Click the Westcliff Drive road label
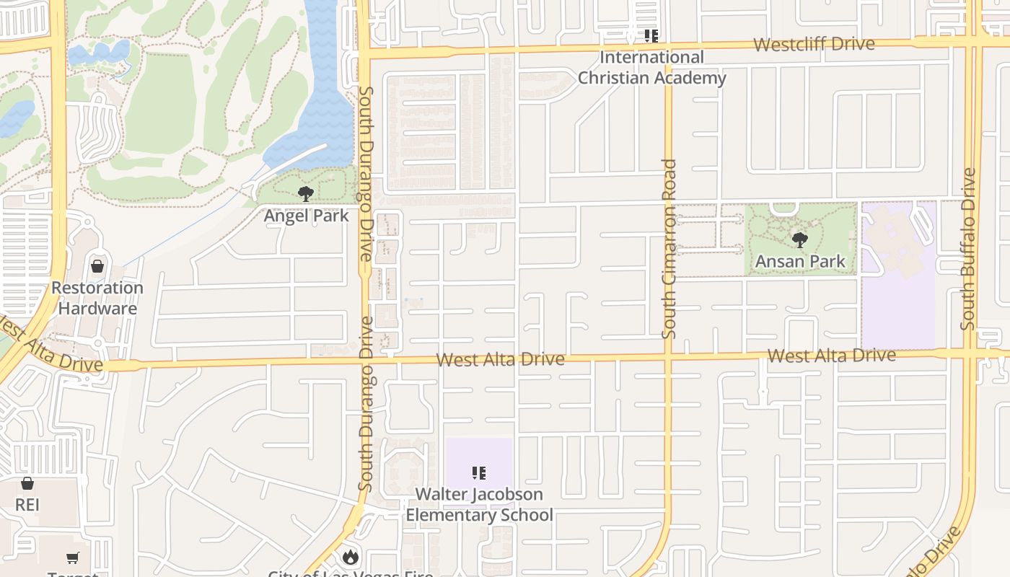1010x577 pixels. coord(814,44)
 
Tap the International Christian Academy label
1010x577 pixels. coord(651,67)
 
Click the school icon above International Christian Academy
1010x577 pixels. coord(651,35)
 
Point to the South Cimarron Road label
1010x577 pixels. coord(669,249)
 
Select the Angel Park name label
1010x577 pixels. coord(306,216)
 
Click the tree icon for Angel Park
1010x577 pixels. coord(306,193)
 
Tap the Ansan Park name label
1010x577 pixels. coord(799,261)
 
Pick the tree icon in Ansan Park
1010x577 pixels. coord(799,240)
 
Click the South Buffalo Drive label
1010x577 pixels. coord(968,249)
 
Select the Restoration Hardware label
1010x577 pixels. coord(97,298)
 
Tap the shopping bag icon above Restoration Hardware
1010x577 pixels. coord(97,266)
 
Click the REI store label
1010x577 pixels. coord(27,504)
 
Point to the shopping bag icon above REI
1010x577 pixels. coord(27,483)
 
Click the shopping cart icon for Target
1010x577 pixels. coord(73,558)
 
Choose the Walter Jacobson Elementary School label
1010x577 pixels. coord(479,504)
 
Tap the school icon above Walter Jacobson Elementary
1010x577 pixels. coord(478,473)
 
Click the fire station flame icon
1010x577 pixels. coord(351,556)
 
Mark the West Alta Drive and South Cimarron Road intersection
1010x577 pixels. coord(668,356)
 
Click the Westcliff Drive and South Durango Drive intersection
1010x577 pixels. coord(364,52)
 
